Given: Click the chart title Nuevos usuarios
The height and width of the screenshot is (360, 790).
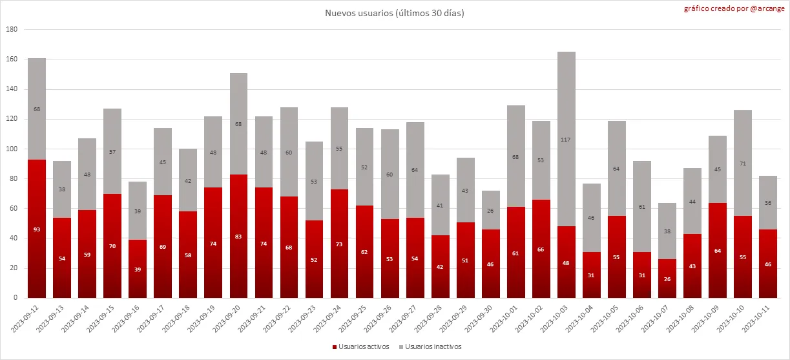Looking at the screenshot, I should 395,13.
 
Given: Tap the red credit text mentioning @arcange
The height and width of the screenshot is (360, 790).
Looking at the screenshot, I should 742,9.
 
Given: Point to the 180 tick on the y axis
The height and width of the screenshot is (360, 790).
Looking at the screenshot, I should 11,30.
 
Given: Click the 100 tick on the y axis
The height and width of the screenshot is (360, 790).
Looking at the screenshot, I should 11,149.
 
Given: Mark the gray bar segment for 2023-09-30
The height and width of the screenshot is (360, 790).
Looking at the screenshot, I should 491,210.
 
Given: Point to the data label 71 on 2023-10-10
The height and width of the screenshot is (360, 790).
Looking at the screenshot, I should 743,164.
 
